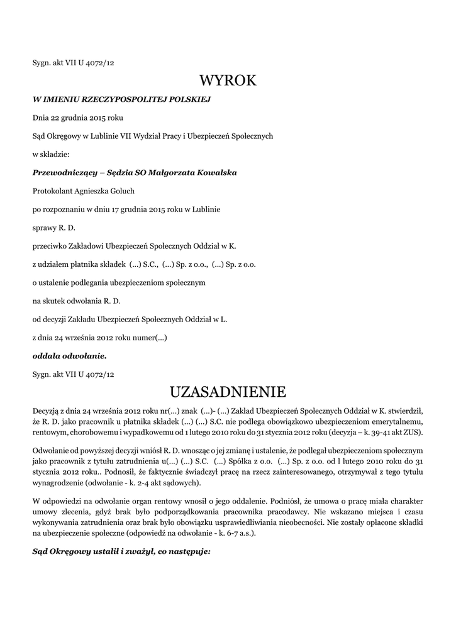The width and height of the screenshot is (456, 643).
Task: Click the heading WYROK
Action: coord(228,81)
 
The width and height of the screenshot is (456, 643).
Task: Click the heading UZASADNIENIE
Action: coord(228,392)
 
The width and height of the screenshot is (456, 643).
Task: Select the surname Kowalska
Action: coord(214,172)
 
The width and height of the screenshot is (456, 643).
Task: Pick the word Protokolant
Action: coord(52,190)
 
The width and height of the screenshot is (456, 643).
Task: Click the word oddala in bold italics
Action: coord(46,356)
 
